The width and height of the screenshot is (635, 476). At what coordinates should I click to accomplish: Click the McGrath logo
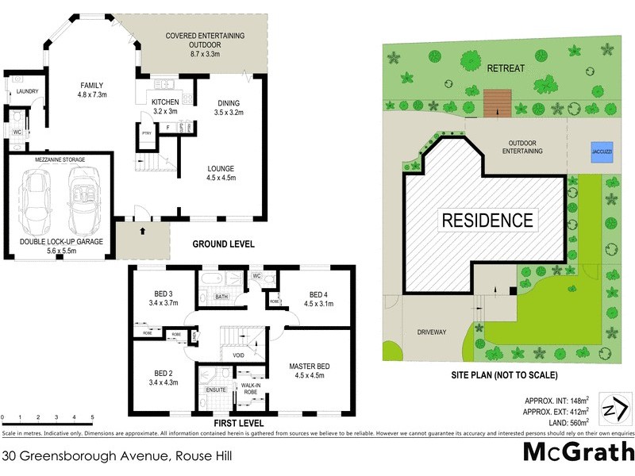point(578,453)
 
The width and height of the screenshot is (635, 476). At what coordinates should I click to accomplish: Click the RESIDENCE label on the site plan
point(487,220)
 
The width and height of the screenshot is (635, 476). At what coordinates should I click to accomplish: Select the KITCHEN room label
point(164,101)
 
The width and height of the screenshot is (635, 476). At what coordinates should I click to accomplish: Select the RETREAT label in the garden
point(506,68)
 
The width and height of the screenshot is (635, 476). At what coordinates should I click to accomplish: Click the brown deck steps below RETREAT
point(496,102)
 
